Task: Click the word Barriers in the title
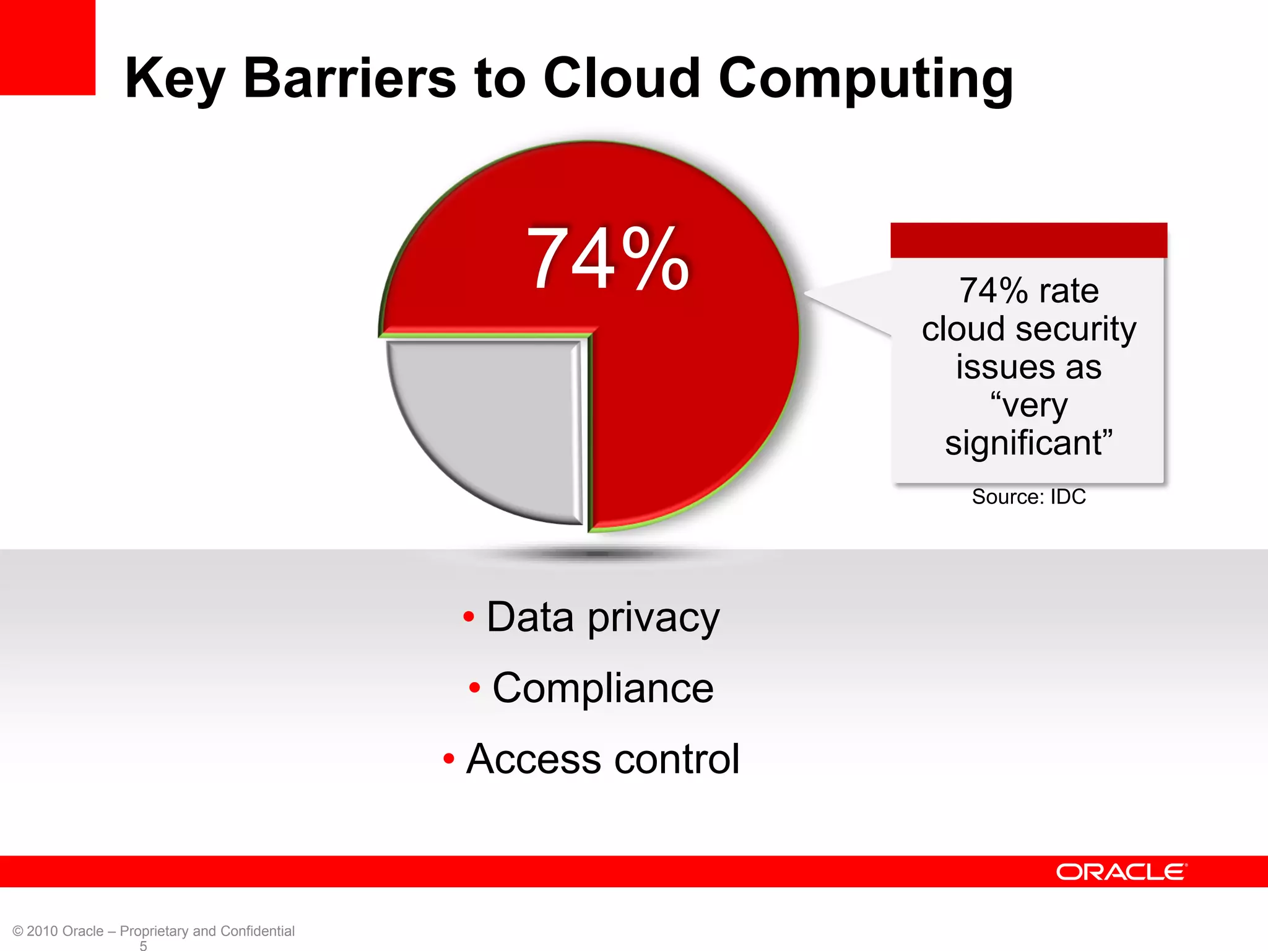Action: click(350, 79)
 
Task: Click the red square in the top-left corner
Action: click(47, 47)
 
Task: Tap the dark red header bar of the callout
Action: click(1028, 240)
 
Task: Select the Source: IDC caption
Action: click(1028, 497)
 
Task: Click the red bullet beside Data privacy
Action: click(469, 617)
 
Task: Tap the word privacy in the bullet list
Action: click(653, 618)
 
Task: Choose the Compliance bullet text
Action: click(602, 688)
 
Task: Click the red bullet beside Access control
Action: click(449, 758)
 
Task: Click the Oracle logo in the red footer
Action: click(1121, 872)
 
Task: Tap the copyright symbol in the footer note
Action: click(18, 931)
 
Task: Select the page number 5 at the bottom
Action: click(143, 945)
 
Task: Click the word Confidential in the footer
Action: click(257, 931)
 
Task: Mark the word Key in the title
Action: click(174, 80)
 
